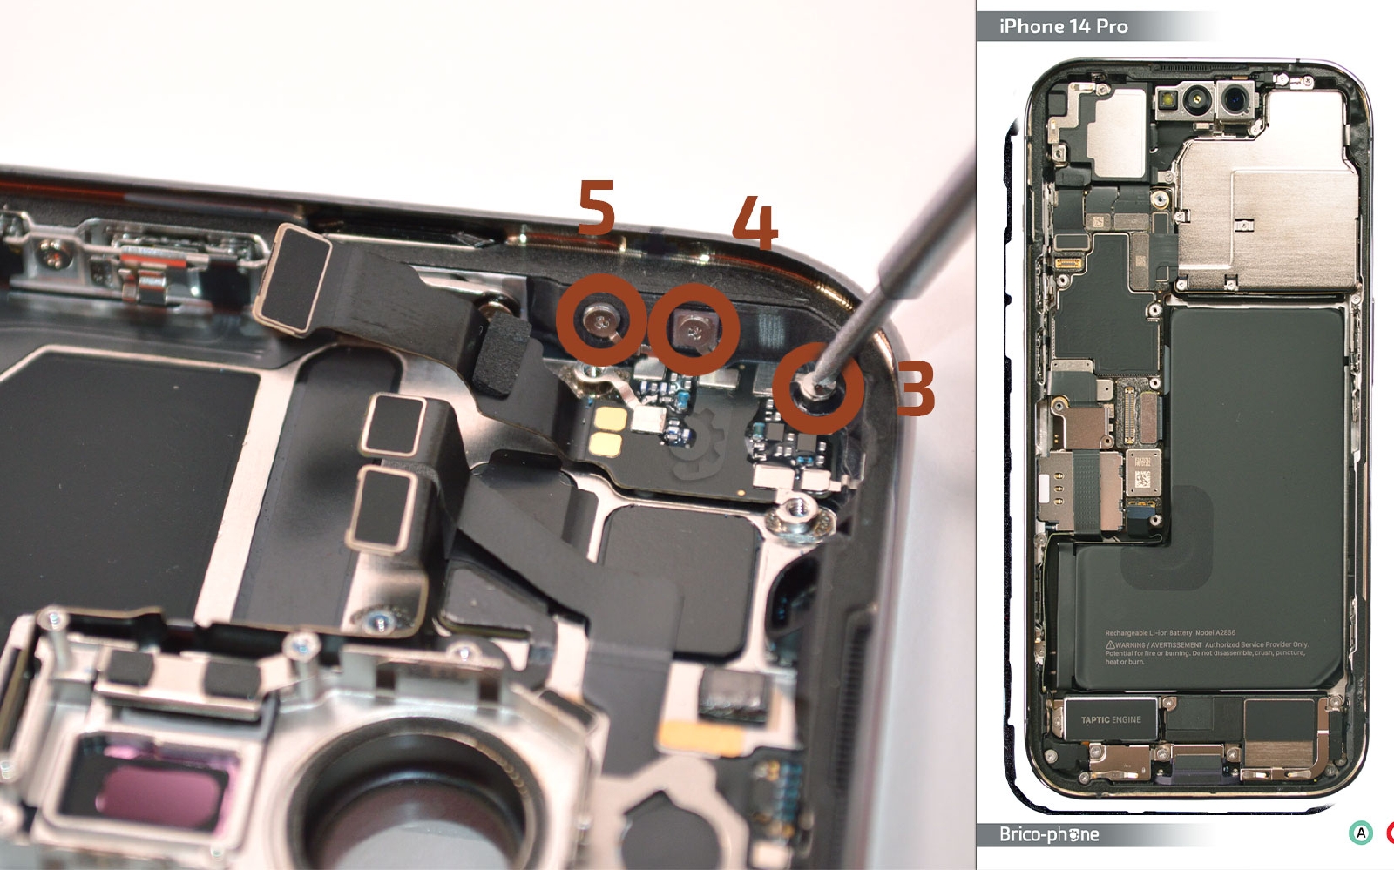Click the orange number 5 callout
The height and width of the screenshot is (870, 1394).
pyautogui.click(x=598, y=207)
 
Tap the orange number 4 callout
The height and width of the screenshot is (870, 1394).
pyautogui.click(x=755, y=222)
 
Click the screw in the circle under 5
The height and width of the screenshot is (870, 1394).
pyautogui.click(x=602, y=322)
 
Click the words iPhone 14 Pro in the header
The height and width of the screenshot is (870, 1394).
pyautogui.click(x=1063, y=27)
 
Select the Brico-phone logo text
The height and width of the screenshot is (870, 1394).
pyautogui.click(x=1049, y=834)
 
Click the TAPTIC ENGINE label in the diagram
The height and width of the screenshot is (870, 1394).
pyautogui.click(x=1111, y=719)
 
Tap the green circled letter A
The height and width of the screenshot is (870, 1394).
pyautogui.click(x=1360, y=833)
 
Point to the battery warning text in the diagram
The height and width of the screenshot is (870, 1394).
pyautogui.click(x=1207, y=648)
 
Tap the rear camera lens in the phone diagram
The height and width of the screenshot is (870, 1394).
pyautogui.click(x=1236, y=101)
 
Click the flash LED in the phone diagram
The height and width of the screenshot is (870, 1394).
pyautogui.click(x=1165, y=100)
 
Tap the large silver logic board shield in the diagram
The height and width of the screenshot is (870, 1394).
pyautogui.click(x=1268, y=218)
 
